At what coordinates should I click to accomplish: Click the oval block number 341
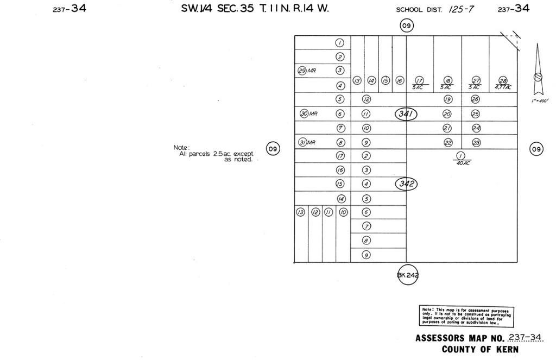point(406,114)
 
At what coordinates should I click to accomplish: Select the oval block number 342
point(406,184)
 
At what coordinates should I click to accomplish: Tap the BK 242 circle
point(408,275)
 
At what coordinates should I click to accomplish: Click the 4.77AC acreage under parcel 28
point(503,87)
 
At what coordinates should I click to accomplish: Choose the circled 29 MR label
point(307,71)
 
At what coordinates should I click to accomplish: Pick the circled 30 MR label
point(308,113)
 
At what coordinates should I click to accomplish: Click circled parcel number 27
point(476,80)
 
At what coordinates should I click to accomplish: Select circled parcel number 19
point(447,99)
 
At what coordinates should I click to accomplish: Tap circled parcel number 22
point(447,142)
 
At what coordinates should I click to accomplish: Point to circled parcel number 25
point(476,114)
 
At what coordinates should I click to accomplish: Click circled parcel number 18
point(447,80)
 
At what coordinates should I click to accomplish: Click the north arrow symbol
point(538,71)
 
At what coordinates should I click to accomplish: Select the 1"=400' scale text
point(540,101)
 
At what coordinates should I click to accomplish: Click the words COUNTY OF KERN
point(479,349)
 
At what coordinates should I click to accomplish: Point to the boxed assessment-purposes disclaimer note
point(466,315)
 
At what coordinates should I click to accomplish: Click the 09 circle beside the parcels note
point(273,148)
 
